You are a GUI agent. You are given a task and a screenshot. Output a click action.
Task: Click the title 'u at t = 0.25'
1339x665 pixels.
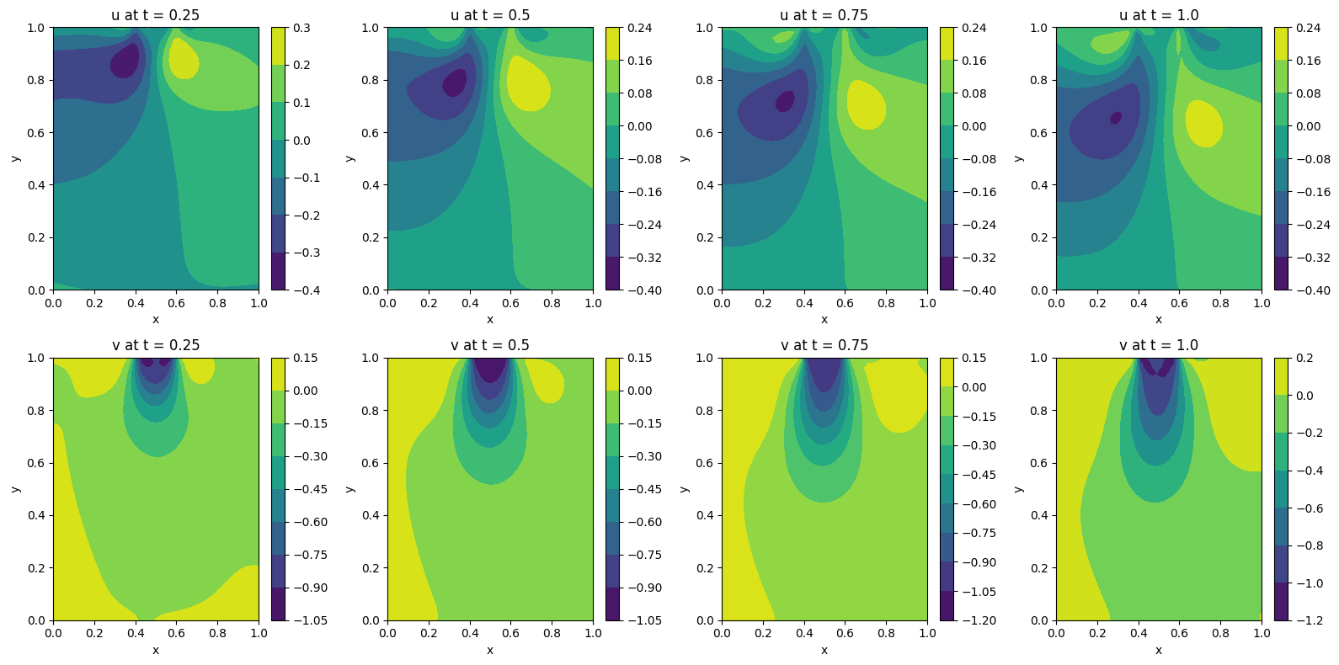click(x=156, y=15)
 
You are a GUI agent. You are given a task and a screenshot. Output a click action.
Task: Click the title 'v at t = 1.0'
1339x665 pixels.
click(x=1159, y=345)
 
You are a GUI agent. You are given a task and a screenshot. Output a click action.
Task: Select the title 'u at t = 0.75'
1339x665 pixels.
click(x=824, y=15)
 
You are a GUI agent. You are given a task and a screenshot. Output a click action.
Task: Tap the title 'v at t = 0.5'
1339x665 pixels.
click(x=490, y=345)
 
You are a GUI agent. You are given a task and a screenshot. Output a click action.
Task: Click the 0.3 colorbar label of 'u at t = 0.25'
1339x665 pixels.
click(x=301, y=28)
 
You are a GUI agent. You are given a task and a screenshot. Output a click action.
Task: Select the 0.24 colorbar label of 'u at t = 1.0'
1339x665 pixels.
click(x=1308, y=28)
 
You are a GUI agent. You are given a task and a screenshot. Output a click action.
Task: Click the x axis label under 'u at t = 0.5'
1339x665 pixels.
click(x=490, y=319)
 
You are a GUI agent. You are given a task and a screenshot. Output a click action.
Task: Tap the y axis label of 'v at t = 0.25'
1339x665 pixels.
click(x=15, y=489)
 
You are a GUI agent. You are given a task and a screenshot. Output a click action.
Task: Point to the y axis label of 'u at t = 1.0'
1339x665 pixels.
click(x=1018, y=158)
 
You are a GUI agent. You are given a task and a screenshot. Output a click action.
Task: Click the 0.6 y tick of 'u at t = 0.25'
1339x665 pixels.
click(x=36, y=132)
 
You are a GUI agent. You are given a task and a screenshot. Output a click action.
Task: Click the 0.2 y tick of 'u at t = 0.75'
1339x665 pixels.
click(x=705, y=237)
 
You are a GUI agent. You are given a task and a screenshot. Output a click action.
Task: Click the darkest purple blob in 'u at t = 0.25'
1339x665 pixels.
click(x=125, y=61)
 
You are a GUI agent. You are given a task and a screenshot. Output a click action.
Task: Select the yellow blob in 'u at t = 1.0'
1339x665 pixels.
click(x=1203, y=124)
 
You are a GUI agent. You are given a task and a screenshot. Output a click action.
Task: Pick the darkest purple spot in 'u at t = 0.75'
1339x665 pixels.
click(x=785, y=101)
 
